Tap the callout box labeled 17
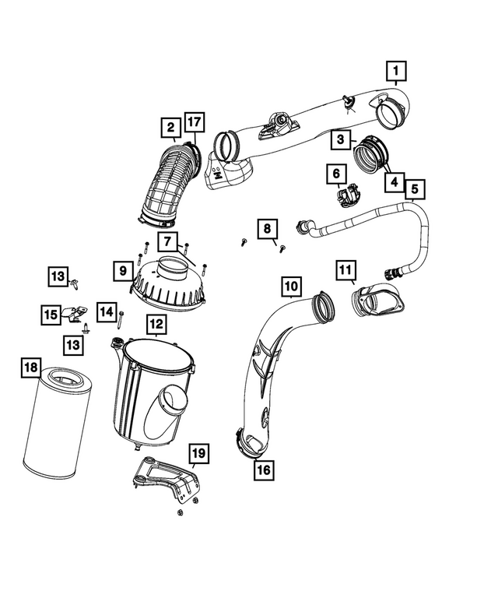[x=194, y=122]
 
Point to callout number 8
[x=267, y=228]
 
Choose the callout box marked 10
[x=290, y=287]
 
